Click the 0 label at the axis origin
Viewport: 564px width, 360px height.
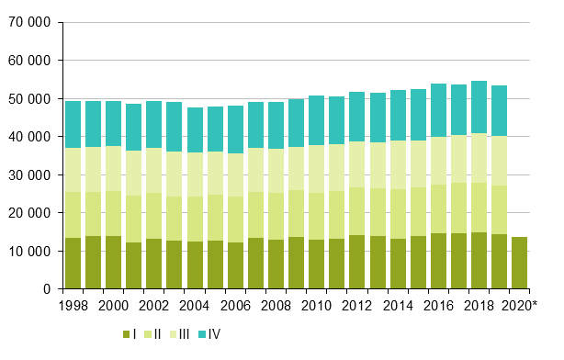pos(47,288)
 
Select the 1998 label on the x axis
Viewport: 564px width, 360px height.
pos(74,305)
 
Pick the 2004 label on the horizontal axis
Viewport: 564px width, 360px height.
pos(197,305)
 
